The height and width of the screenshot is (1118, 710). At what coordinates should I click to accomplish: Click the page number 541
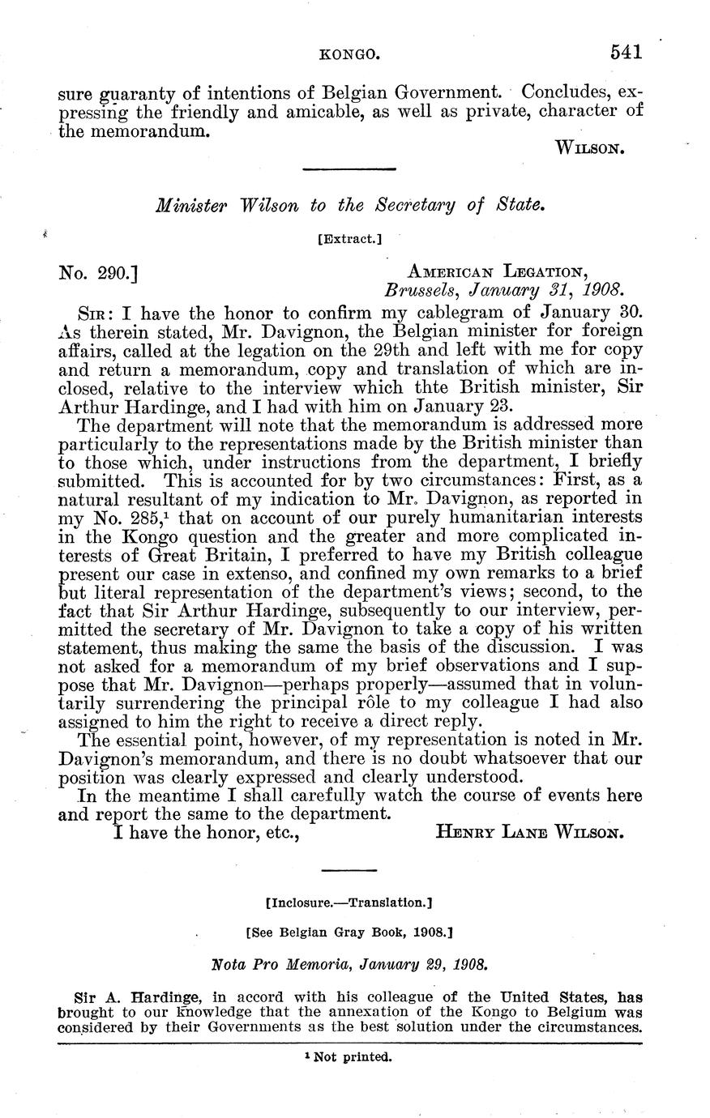[x=627, y=53]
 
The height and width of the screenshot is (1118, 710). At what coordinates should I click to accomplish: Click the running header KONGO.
[x=350, y=55]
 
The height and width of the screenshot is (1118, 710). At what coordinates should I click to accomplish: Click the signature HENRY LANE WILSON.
[x=529, y=831]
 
